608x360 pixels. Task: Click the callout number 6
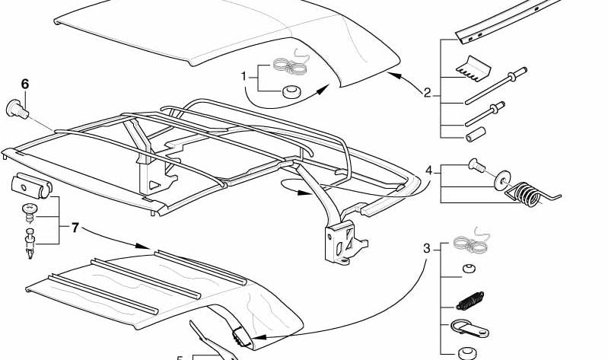tap(25, 84)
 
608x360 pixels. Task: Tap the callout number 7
tap(75, 227)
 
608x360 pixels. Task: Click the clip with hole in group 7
tap(32, 186)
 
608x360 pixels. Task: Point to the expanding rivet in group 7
tap(30, 243)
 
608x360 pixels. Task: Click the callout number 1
tap(244, 76)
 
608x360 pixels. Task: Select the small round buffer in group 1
tap(289, 93)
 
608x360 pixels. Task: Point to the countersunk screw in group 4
tap(474, 163)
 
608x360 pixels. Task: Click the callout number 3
tap(427, 247)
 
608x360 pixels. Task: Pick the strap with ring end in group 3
tap(470, 330)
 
